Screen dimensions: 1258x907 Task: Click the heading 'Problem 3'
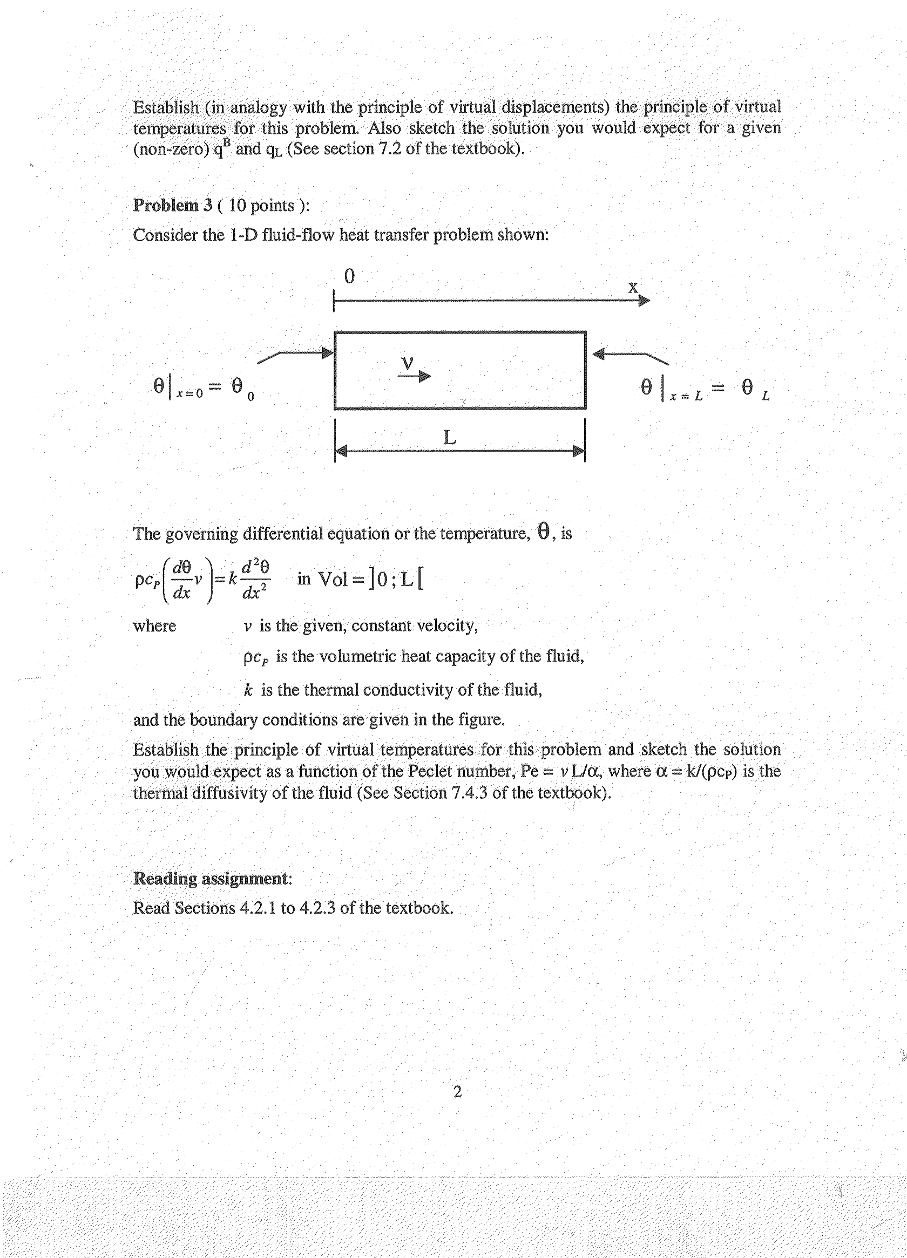pyautogui.click(x=173, y=205)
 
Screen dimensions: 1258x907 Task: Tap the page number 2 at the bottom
pyautogui.click(x=457, y=1092)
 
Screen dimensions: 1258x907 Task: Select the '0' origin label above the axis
pyautogui.click(x=349, y=276)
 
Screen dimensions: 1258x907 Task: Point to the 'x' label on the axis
pyautogui.click(x=633, y=287)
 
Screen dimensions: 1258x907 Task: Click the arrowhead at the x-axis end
pyautogui.click(x=644, y=301)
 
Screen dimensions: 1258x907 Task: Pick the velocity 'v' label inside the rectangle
pyautogui.click(x=408, y=363)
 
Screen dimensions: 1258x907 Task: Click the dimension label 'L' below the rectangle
pyautogui.click(x=450, y=438)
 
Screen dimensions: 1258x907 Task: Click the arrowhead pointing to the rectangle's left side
pyautogui.click(x=328, y=353)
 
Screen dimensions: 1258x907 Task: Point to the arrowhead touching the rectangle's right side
pyautogui.click(x=598, y=353)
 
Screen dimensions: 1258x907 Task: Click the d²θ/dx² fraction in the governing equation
pyautogui.click(x=256, y=579)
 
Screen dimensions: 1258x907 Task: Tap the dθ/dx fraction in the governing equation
pyautogui.click(x=182, y=580)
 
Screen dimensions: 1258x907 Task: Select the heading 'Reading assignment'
pyautogui.click(x=211, y=878)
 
